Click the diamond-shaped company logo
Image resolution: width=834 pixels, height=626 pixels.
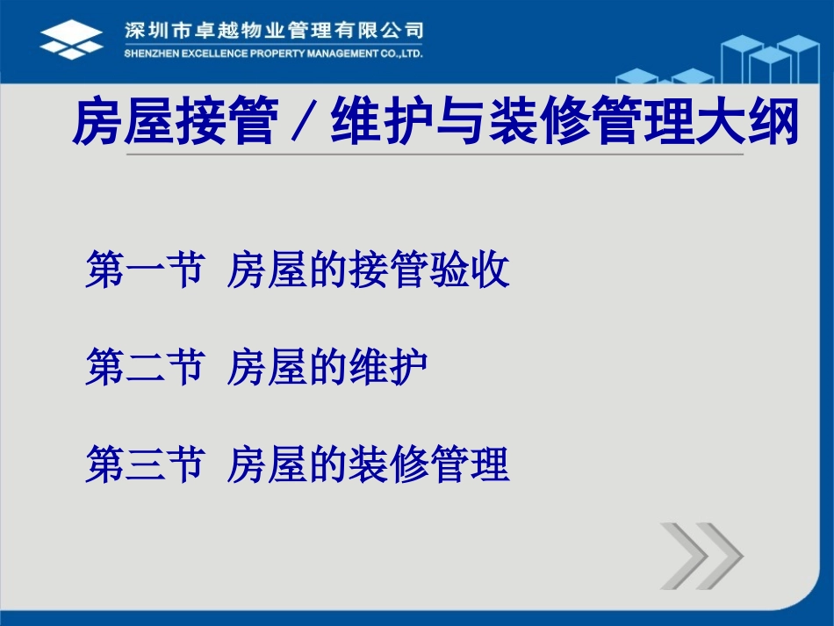(71, 40)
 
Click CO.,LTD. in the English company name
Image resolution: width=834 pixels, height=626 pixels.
(399, 54)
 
